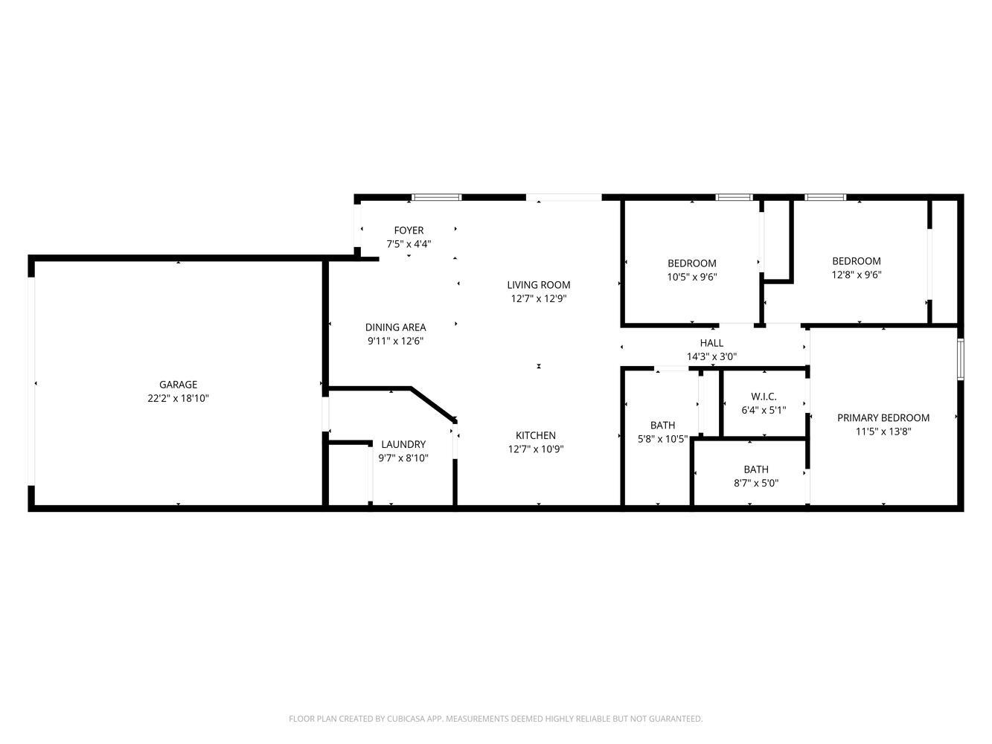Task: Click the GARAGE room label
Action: (178, 385)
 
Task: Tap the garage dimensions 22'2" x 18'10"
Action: (178, 399)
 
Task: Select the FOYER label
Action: (409, 231)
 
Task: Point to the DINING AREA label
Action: (395, 327)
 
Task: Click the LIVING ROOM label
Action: (539, 285)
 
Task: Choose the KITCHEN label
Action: (536, 435)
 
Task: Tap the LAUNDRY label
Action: (403, 444)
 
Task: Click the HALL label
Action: (711, 343)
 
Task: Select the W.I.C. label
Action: (764, 397)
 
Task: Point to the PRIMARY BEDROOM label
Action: (883, 418)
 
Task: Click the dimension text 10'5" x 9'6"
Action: (692, 277)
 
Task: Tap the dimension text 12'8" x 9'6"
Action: (857, 275)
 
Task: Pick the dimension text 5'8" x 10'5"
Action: (662, 439)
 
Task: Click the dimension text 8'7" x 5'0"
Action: (756, 483)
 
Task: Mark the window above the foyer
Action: (437, 197)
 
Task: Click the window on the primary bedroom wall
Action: (961, 359)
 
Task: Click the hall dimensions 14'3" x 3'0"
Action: (711, 356)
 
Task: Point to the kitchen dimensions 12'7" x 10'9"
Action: (536, 449)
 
